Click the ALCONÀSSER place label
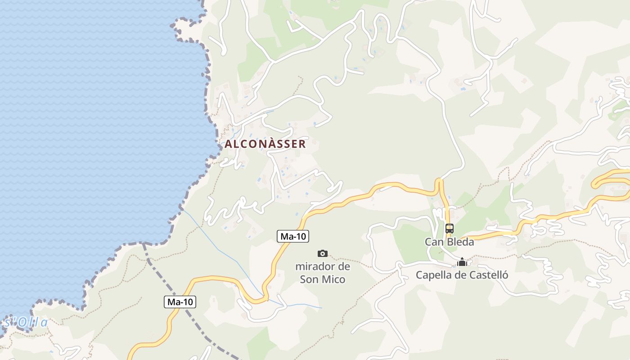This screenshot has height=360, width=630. pos(265,144)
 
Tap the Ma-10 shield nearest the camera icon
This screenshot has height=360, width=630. pos(293,236)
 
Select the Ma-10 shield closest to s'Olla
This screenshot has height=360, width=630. pos(180,302)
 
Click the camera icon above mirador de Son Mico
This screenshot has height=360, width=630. pos(323,253)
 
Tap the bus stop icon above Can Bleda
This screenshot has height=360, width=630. pos(450,228)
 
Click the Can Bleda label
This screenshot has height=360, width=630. pos(450,242)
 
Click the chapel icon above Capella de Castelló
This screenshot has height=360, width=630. pos(462,262)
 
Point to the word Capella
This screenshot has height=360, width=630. pos(434,275)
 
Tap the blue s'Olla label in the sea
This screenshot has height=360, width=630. pos(26,322)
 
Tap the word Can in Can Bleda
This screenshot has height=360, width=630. pos(433,242)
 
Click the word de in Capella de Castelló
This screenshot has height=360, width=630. pos(462,275)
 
